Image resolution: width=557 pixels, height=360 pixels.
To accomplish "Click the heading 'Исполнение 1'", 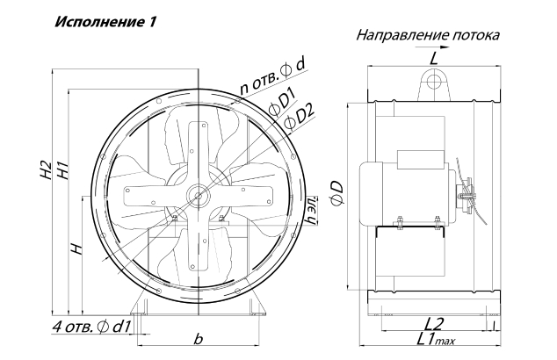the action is point(105,22).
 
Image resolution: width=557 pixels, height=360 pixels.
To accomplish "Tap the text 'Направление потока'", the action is point(428,35).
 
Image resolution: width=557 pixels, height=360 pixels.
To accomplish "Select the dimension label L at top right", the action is point(433,58).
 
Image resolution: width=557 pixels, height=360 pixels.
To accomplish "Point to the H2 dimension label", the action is point(47,169).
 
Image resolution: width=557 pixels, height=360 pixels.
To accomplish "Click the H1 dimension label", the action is point(61,169).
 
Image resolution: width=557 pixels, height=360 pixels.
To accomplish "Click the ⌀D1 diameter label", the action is point(283,103).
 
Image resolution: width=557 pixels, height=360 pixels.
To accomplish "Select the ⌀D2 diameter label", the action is point(300,117).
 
